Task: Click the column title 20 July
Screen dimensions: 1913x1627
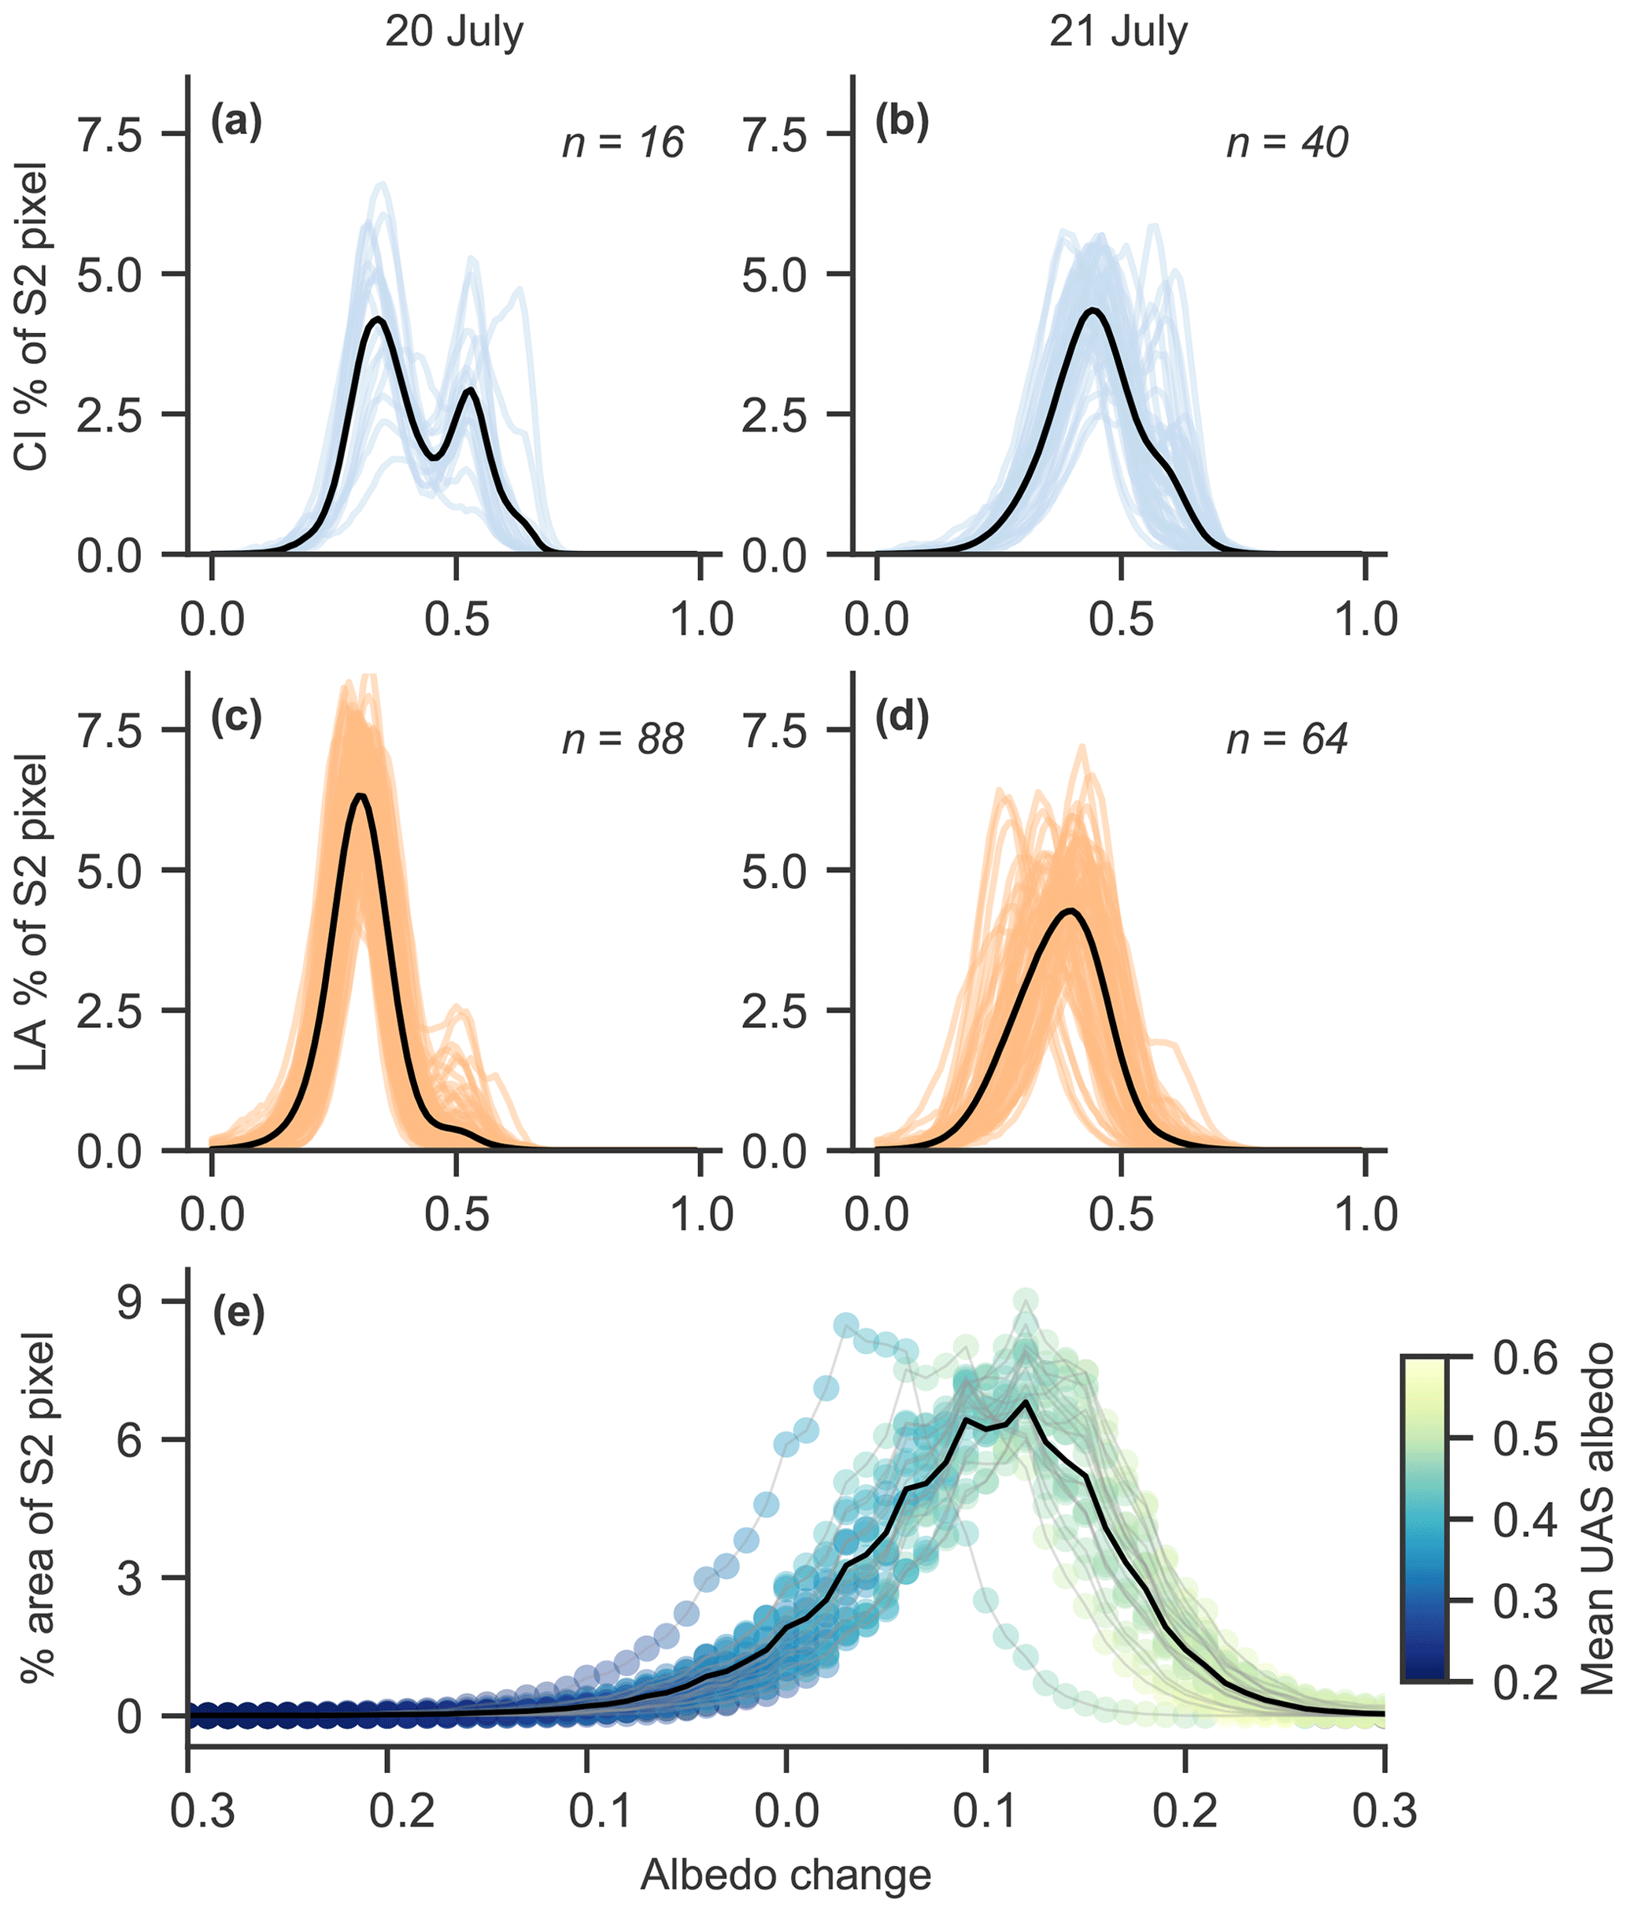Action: [x=454, y=32]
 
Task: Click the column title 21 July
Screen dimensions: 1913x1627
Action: [x=1118, y=32]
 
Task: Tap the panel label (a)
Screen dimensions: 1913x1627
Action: [x=236, y=123]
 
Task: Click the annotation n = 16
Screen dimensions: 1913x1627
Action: [x=623, y=143]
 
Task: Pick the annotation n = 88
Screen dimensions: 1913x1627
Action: [x=623, y=738]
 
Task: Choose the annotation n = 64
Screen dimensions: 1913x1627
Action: [x=1287, y=738]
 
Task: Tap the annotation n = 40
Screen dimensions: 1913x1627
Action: [x=1287, y=143]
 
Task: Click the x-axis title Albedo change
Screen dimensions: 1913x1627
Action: [x=786, y=1874]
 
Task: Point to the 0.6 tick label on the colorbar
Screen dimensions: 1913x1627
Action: [x=1525, y=1359]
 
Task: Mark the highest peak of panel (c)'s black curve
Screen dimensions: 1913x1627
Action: [x=361, y=795]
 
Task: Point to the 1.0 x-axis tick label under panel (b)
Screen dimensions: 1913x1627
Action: [x=1365, y=619]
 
